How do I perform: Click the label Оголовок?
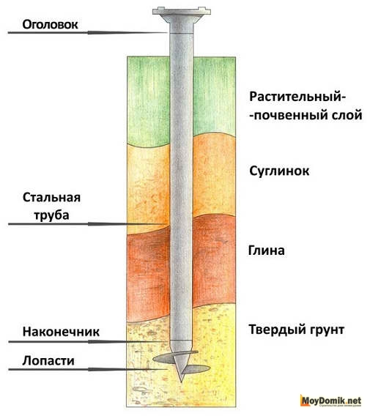coord(50,25)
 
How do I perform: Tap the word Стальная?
coord(51,198)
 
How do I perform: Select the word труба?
coord(51,215)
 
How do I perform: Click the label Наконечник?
coord(61,332)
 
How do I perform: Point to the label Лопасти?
coord(48,361)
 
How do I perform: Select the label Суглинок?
coord(279,171)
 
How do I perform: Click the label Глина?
coord(267,250)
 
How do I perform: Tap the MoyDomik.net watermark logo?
coord(330,400)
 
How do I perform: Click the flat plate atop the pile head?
coord(182,11)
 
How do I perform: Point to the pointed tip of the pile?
coord(181,382)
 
